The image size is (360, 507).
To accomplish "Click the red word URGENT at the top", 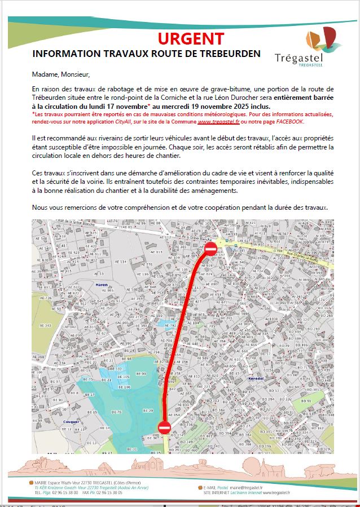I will [191, 38].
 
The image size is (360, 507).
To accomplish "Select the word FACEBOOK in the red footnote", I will [288, 121].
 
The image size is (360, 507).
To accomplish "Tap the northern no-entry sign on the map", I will [210, 249].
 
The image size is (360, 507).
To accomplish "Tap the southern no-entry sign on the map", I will [164, 427].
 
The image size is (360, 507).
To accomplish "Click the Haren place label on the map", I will [102, 285].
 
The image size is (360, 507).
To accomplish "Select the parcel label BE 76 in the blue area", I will [116, 412].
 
